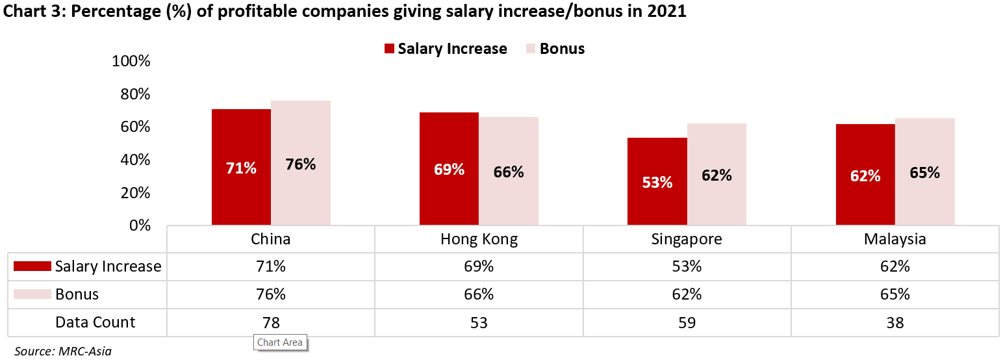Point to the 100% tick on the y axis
tap(131, 62)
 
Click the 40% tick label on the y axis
tap(131, 160)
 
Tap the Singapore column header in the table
tap(687, 239)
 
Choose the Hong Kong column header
tap(479, 239)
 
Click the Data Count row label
tap(95, 322)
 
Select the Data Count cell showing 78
tap(271, 322)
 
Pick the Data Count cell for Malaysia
tap(895, 322)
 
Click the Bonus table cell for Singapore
tap(687, 294)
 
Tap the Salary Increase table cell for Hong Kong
tap(479, 266)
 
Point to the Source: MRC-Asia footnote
tap(63, 352)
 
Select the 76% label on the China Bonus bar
tap(301, 164)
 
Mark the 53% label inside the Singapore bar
tap(657, 183)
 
